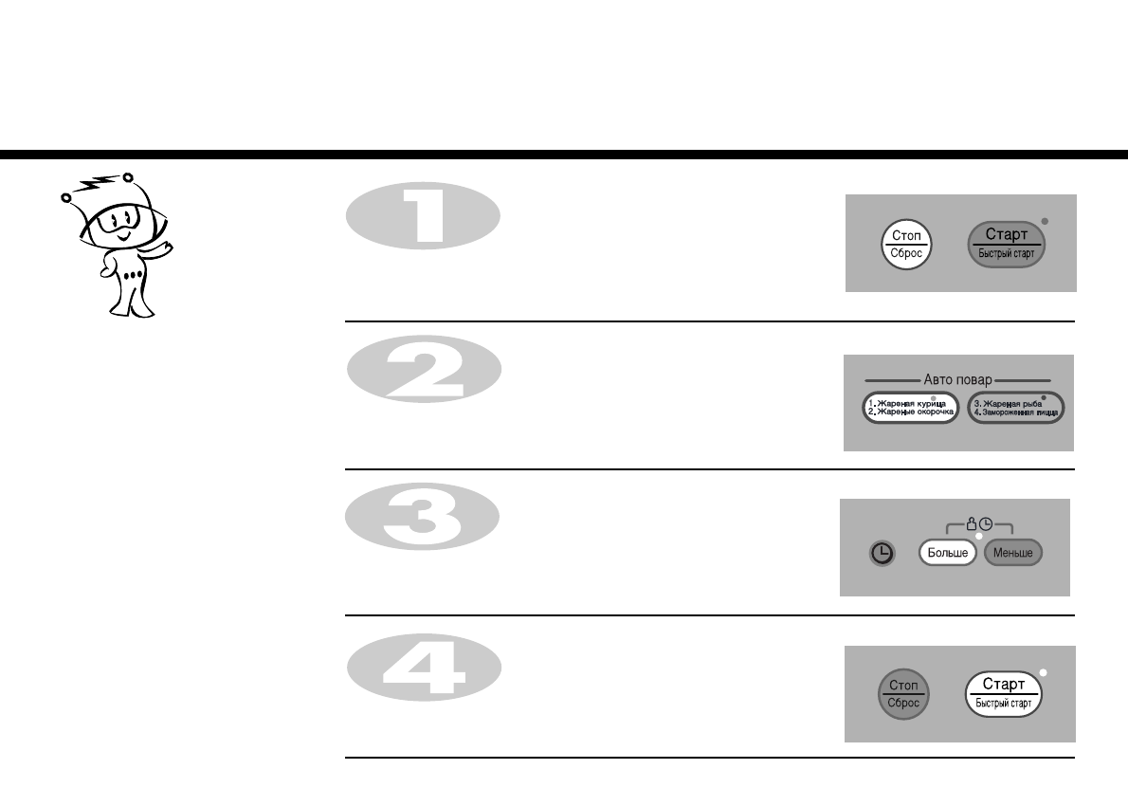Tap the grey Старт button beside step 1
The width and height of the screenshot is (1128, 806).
(x=1006, y=244)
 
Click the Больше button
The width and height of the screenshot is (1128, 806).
(x=947, y=552)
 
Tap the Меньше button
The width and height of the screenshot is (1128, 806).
(x=1013, y=552)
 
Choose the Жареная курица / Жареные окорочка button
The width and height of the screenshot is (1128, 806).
(x=910, y=409)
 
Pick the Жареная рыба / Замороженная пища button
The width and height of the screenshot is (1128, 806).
(x=1016, y=409)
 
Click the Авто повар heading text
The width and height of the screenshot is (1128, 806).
(x=957, y=379)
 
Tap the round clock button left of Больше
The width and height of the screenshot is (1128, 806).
(x=882, y=553)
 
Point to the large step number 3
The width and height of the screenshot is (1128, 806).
(x=423, y=518)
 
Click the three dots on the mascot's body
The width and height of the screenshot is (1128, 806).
(x=134, y=275)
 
